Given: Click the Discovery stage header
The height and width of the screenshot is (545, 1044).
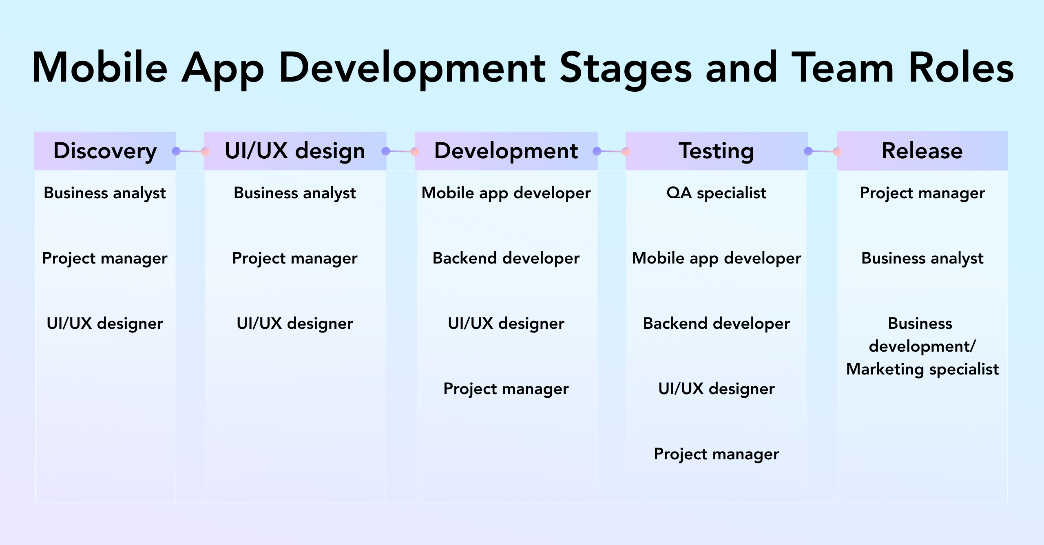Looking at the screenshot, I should tap(105, 151).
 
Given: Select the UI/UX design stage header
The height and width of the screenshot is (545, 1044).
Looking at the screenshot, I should tap(295, 151).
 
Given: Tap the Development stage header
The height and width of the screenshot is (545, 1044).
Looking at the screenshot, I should tap(506, 151).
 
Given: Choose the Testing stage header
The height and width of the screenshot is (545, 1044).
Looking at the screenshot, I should tap(717, 151).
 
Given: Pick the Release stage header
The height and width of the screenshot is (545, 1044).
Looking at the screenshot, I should tap(922, 151).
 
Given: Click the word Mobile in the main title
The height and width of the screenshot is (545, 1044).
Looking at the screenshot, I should tap(100, 68).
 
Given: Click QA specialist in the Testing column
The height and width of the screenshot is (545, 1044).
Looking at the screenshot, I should tap(717, 193).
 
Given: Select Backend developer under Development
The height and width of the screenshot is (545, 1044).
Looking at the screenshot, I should tap(506, 258).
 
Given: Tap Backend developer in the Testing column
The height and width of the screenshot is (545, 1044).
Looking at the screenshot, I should tap(717, 323).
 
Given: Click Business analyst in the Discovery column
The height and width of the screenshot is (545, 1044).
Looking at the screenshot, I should tap(105, 193).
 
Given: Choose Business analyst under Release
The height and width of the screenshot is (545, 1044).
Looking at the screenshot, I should tap(922, 258).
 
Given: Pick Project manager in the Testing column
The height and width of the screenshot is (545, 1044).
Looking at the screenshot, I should tap(717, 454).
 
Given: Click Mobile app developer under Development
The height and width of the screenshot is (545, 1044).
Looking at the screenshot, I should tap(506, 193).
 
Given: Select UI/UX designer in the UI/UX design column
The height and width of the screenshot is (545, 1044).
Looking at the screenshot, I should tap(295, 323).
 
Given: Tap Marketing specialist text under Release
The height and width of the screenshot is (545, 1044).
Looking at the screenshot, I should tap(922, 369).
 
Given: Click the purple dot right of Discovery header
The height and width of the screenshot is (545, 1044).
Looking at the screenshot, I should tap(176, 151).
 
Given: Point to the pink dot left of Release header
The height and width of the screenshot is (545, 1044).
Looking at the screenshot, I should tap(837, 152).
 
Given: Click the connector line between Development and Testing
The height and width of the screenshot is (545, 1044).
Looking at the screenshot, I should tap(611, 152).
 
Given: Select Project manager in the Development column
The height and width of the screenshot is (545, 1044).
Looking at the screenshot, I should tap(506, 389).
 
